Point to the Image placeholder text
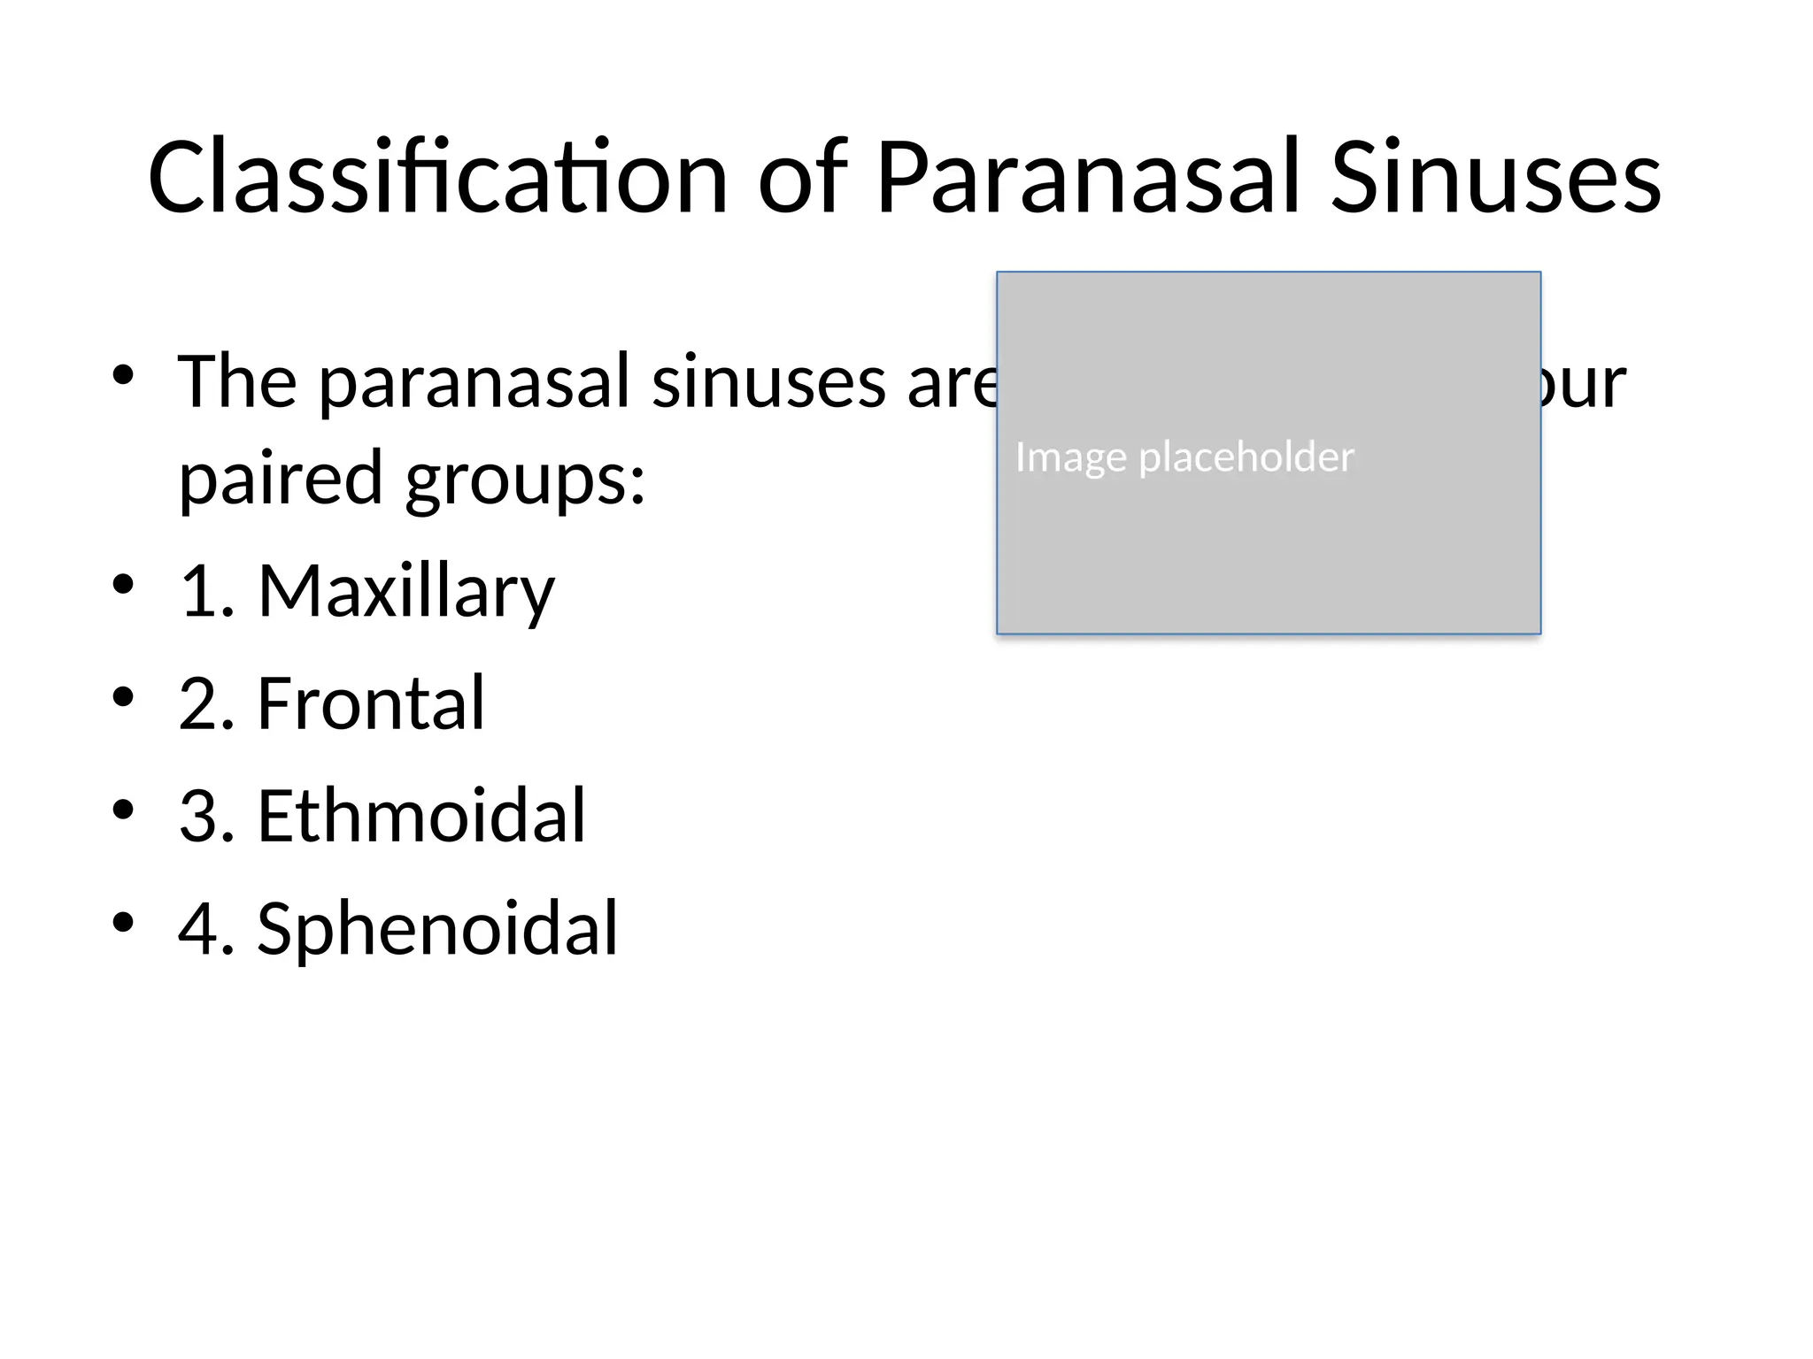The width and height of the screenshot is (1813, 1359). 1184,457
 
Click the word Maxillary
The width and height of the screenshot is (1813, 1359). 405,591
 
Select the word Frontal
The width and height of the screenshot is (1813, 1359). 371,703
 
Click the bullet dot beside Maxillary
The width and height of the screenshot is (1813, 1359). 123,585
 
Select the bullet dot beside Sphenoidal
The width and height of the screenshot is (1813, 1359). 123,922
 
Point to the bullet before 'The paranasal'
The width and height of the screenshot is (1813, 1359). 123,375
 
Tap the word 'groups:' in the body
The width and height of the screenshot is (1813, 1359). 526,479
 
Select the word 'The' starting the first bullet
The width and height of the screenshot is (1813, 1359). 237,382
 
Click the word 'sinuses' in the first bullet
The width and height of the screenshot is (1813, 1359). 768,382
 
